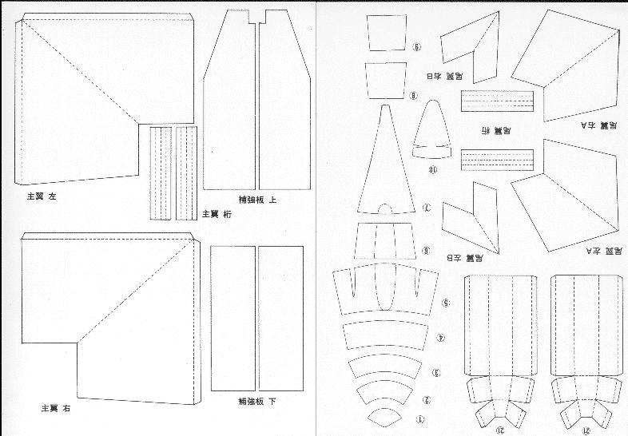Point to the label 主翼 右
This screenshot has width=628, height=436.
pyautogui.click(x=55, y=407)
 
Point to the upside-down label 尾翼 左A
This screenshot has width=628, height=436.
pyautogui.click(x=602, y=252)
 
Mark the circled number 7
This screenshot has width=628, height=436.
pyautogui.click(x=427, y=208)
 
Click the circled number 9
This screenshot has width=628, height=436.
pyautogui.click(x=416, y=46)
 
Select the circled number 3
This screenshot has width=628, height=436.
pyautogui.click(x=436, y=373)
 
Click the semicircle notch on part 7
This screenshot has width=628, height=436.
pyautogui.click(x=385, y=209)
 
